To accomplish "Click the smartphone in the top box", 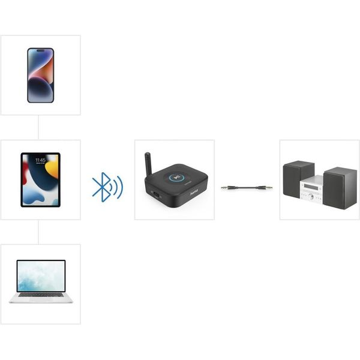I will click(40, 75).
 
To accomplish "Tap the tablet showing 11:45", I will click(40, 179).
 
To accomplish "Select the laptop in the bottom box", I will click(41, 281).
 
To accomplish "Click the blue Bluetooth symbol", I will click(106, 187).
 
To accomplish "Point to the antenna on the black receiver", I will click(148, 164).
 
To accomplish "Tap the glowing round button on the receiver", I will click(177, 177).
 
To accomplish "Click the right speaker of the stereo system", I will click(340, 188).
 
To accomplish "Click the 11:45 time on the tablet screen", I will click(40, 161).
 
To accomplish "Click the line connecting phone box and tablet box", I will click(38, 127).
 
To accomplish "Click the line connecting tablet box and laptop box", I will click(38, 232).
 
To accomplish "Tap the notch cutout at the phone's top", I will click(40, 52).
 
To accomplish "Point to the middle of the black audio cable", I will click(247, 188).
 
